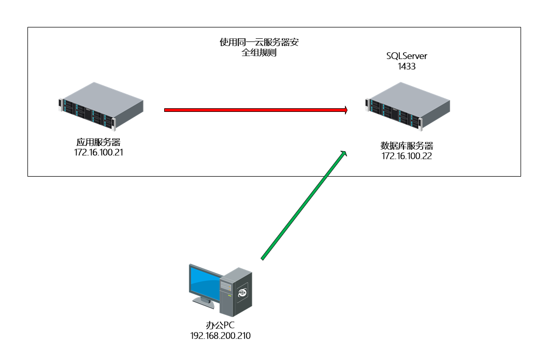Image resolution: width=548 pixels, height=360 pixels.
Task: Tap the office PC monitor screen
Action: pyautogui.click(x=205, y=282)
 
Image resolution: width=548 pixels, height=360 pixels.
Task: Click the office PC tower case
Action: pyautogui.click(x=236, y=292)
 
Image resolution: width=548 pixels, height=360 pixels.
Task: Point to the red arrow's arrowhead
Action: pyautogui.click(x=344, y=110)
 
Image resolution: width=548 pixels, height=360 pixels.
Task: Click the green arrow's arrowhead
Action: pyautogui.click(x=343, y=153)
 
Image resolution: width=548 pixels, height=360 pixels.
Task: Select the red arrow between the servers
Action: pyautogui.click(x=254, y=110)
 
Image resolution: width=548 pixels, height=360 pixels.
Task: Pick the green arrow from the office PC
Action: pyautogui.click(x=303, y=205)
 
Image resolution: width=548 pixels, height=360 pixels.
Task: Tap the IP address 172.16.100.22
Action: pyautogui.click(x=407, y=156)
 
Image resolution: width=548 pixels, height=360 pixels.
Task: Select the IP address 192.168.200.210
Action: pyautogui.click(x=221, y=336)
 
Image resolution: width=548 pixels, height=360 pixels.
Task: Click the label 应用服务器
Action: pyautogui.click(x=99, y=142)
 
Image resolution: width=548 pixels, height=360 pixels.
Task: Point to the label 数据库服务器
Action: pyautogui.click(x=407, y=146)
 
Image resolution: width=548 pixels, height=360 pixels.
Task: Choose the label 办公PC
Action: pyautogui.click(x=221, y=326)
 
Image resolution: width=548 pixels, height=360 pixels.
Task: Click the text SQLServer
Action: pyautogui.click(x=407, y=56)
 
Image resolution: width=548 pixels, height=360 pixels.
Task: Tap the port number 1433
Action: pyautogui.click(x=407, y=66)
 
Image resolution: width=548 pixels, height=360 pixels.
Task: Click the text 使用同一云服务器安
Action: pyautogui.click(x=259, y=42)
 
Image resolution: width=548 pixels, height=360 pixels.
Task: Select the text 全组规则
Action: pyautogui.click(x=259, y=53)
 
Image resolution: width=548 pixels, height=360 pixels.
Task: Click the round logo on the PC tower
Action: pyautogui.click(x=242, y=293)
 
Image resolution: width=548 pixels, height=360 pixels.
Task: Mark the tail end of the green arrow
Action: pyautogui.click(x=263, y=258)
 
